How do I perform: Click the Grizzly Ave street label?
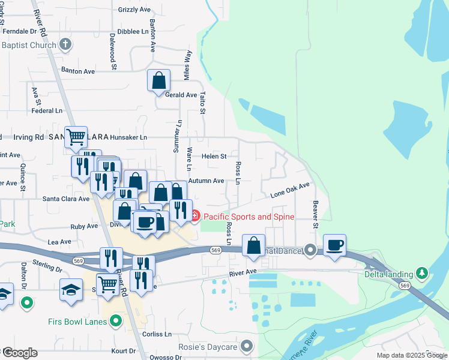(x=134, y=10)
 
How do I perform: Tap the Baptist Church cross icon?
(x=66, y=44)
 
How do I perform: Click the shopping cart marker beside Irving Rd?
(x=76, y=137)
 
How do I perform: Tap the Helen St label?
(x=213, y=156)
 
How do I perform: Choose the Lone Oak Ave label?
(x=290, y=191)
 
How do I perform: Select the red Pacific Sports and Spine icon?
(x=196, y=217)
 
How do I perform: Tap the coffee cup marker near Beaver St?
(x=334, y=245)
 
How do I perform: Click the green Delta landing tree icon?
(x=422, y=274)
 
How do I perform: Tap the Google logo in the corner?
(x=20, y=353)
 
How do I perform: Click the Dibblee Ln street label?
(x=133, y=31)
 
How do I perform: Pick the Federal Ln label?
(x=47, y=111)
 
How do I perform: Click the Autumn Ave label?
(x=206, y=181)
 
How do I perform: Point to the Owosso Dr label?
(x=166, y=357)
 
